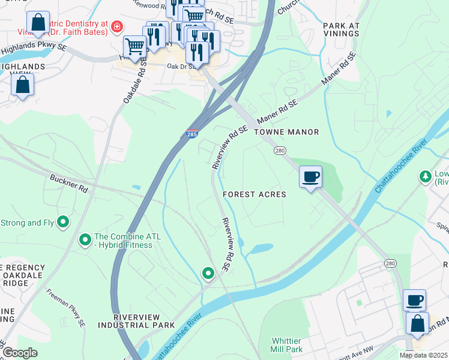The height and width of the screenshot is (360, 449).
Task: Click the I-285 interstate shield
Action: point(192,134)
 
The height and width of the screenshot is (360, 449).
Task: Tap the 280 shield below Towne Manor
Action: point(279,150)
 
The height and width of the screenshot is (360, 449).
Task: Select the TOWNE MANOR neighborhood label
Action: point(286,131)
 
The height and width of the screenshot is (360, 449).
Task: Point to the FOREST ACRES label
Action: point(254,194)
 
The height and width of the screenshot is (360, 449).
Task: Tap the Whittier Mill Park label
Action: point(286,344)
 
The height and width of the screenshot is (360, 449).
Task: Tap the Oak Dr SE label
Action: point(181,67)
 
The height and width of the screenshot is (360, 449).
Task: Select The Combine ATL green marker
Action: point(85,241)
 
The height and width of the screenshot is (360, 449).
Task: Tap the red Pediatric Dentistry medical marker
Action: point(116,26)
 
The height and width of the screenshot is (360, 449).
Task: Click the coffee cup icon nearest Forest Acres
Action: point(310,176)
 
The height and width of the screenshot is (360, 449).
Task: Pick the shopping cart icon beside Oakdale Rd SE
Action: point(134,46)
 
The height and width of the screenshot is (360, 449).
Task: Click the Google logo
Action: point(20,352)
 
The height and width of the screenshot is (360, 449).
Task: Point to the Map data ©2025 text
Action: point(423,355)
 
